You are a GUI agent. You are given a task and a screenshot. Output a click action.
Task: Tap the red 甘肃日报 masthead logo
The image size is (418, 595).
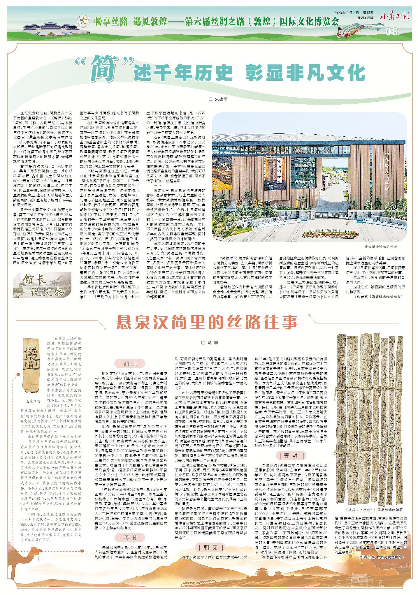point(394,16)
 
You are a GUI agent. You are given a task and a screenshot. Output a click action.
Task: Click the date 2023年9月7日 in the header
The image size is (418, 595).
point(346,13)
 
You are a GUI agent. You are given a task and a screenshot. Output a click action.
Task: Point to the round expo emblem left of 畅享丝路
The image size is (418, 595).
point(83,21)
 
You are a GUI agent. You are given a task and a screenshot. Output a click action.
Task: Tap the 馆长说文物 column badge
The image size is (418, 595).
point(42,285)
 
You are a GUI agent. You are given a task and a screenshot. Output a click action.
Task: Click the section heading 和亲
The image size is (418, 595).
point(130,364)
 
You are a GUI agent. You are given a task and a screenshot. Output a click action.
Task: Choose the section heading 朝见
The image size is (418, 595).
point(210,547)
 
